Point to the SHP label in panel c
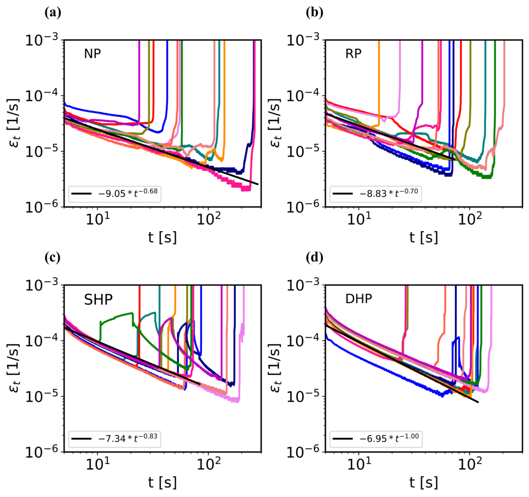pos(99,299)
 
